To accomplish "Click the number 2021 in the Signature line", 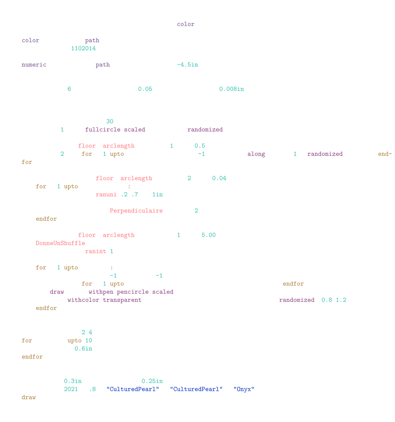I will tap(71, 389).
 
